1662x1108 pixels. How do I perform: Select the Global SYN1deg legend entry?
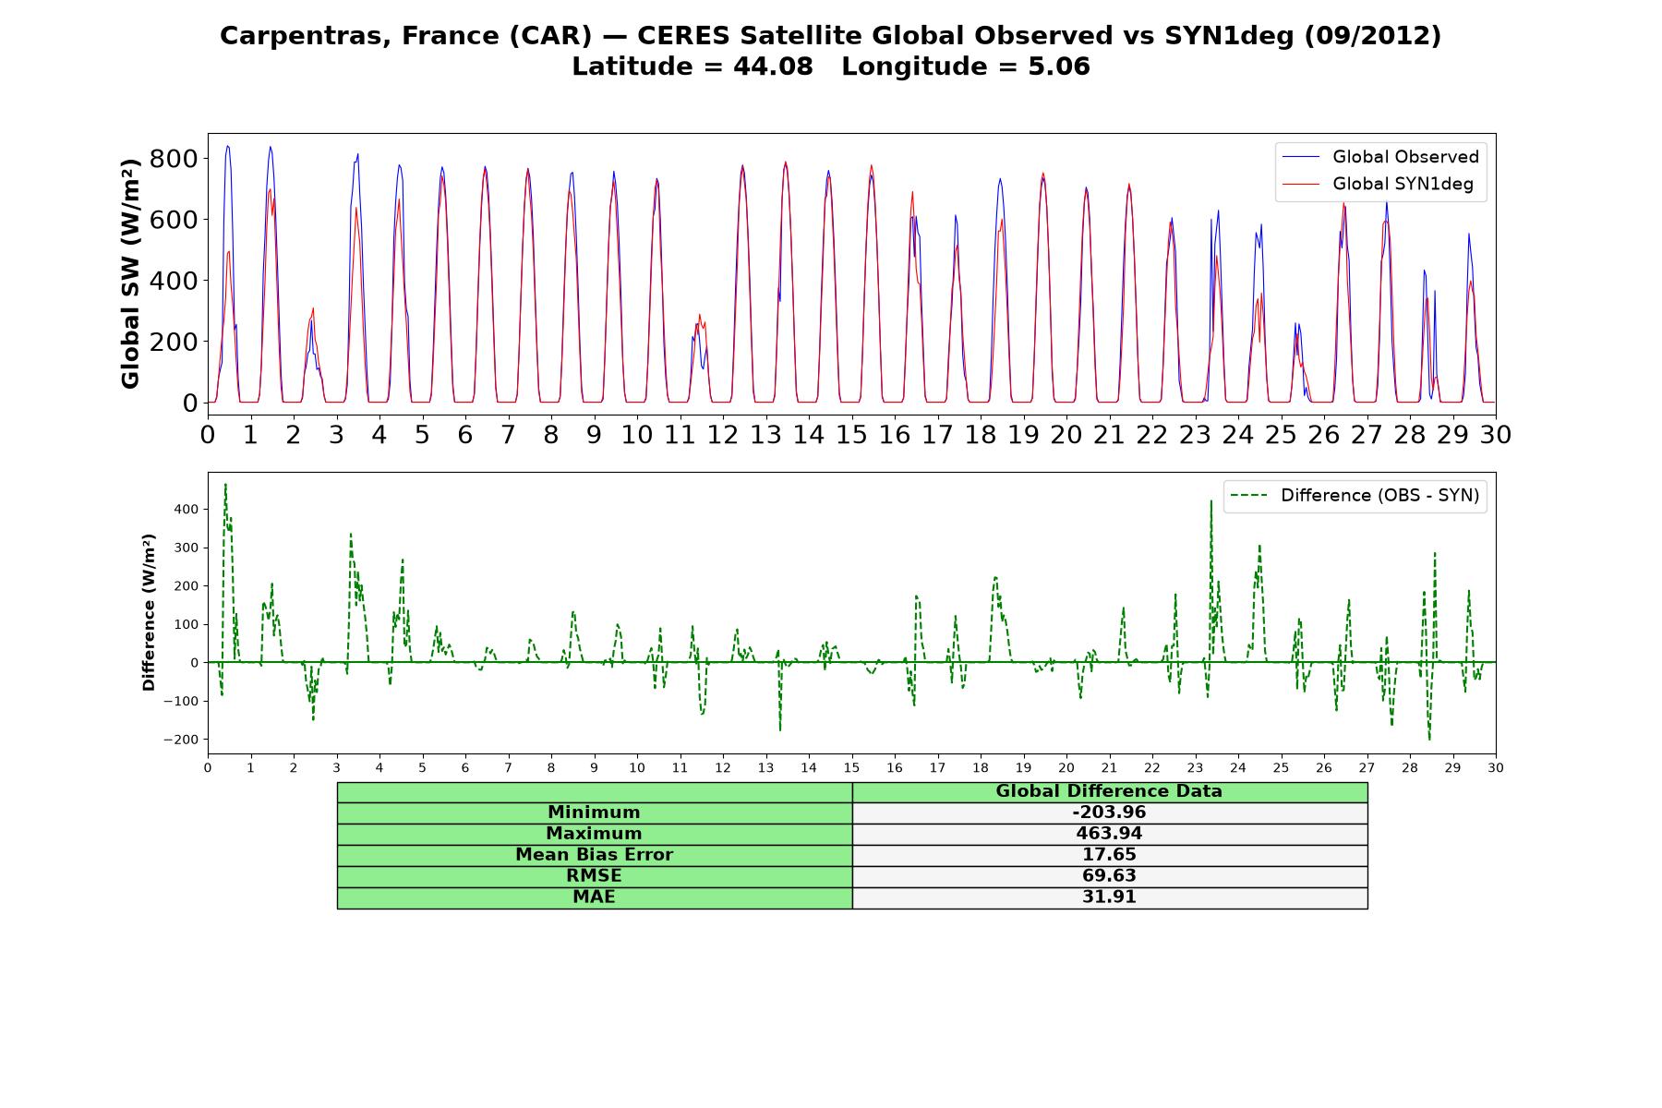pos(1379,184)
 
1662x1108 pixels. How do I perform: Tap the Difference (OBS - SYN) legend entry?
pos(1355,496)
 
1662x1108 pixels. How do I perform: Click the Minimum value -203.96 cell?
pos(1109,813)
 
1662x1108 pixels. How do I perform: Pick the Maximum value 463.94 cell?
pos(1109,834)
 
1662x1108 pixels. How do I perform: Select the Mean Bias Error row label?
pos(594,855)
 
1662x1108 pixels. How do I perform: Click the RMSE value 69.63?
pos(1109,875)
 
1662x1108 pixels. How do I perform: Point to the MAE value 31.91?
pos(1109,897)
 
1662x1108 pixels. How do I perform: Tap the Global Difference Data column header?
pos(1109,791)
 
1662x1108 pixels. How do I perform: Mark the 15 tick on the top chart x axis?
pos(851,434)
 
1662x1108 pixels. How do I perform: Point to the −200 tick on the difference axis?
pos(181,740)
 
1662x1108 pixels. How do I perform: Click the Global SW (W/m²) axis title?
pos(130,273)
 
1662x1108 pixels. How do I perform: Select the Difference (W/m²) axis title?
pos(149,612)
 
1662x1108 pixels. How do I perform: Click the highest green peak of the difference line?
pos(225,484)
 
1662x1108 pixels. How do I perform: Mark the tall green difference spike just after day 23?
pos(1211,501)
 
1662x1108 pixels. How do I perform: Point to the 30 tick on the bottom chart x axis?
pos(1496,768)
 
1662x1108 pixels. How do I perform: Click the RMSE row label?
pos(594,875)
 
